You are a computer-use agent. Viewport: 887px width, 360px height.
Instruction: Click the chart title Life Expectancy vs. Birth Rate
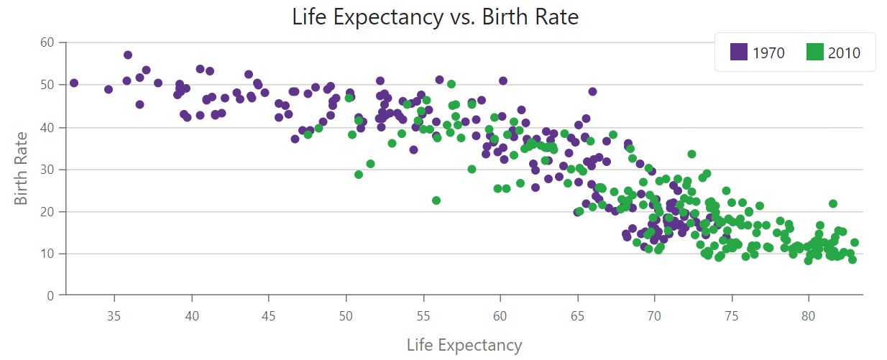pos(435,17)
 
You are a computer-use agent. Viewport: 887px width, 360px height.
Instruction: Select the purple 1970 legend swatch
pos(738,52)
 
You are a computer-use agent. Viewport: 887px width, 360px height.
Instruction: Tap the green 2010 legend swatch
pos(814,52)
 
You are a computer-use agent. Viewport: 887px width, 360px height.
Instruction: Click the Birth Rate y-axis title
pos(21,168)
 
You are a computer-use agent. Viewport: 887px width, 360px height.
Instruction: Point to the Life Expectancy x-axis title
pos(464,345)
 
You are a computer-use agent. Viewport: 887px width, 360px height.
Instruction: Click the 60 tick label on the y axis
pos(47,42)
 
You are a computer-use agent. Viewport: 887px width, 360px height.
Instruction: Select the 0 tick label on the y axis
pos(50,296)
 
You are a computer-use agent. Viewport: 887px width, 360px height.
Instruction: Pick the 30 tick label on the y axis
pos(47,170)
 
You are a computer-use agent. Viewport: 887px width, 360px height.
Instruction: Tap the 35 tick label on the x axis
pos(114,316)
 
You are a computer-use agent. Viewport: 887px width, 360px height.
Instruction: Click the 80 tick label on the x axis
pos(808,316)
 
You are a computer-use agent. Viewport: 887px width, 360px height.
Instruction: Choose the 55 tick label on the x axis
pos(423,316)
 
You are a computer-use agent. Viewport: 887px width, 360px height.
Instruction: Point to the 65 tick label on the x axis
pos(577,316)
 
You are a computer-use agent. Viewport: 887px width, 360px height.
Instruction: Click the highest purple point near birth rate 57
pos(127,55)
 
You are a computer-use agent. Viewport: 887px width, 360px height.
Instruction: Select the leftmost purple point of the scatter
pos(73,83)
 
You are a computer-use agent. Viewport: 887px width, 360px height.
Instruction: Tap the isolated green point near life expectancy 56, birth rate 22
pos(436,200)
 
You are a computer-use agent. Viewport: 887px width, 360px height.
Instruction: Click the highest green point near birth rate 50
pos(451,84)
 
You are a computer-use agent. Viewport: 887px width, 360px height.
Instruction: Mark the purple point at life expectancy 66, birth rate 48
pos(592,91)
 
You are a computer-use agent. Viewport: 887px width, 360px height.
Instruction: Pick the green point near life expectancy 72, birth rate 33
pos(691,154)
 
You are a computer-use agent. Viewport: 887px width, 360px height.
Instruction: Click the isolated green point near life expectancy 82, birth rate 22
pos(833,203)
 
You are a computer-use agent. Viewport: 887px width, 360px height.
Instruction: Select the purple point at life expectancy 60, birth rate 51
pos(503,80)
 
